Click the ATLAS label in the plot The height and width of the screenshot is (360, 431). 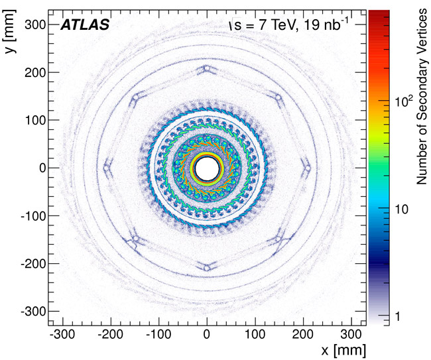[x=85, y=26]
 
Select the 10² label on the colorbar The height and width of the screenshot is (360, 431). [x=404, y=101]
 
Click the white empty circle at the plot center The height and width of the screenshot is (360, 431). [x=207, y=168]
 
